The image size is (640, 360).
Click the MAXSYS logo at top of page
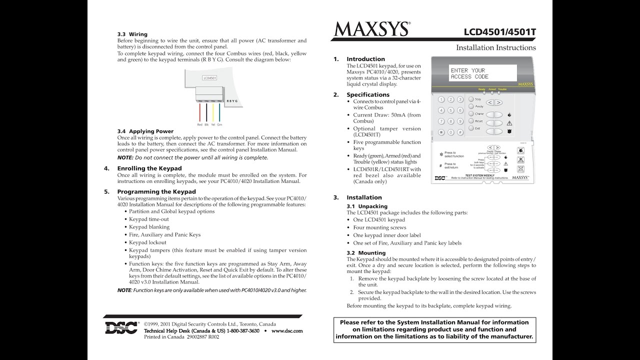coord(371,29)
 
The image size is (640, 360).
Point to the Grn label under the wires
coord(219,124)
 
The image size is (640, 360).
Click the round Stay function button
coord(470,99)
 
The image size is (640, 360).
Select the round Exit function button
coord(470,128)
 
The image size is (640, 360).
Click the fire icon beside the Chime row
coord(509,114)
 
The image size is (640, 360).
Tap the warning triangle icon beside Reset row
coord(509,123)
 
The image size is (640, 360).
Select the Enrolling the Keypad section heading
coord(149,168)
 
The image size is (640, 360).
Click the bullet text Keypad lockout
coord(147,242)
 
